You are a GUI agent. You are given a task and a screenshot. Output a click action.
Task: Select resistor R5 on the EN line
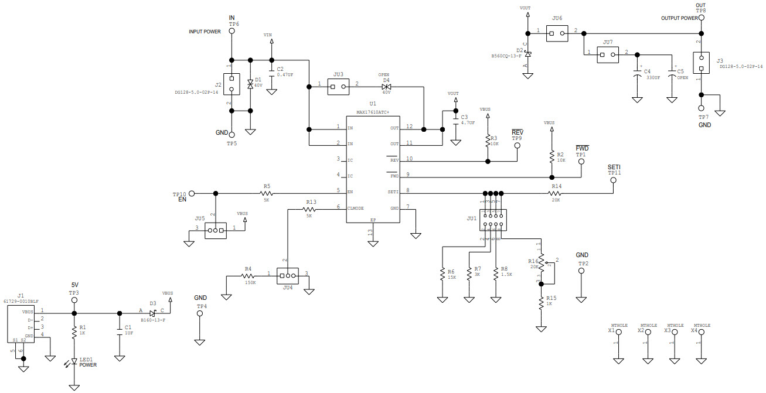pos(267,192)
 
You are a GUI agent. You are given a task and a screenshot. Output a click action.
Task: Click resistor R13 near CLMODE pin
pos(311,209)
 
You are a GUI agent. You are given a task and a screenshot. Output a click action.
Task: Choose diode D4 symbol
pos(386,87)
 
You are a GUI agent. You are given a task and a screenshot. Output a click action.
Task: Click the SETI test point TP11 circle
pos(614,180)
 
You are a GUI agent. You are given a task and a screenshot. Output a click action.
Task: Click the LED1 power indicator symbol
pos(74,362)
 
